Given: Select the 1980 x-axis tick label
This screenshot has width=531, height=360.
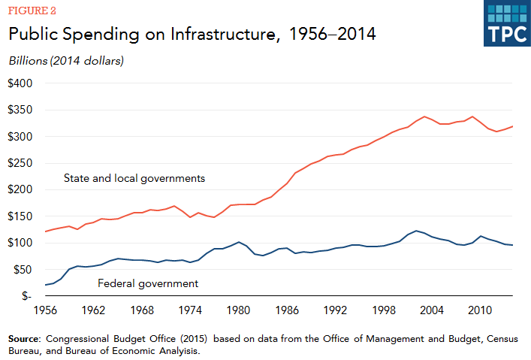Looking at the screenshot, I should [x=239, y=309].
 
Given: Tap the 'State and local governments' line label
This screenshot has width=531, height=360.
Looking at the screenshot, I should [x=134, y=179].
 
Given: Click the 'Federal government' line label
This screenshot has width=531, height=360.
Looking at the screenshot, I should [x=148, y=283].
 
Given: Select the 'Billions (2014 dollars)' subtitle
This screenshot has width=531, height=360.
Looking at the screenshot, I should [x=65, y=60].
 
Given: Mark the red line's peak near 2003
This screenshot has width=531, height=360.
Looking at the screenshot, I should [x=425, y=116].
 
